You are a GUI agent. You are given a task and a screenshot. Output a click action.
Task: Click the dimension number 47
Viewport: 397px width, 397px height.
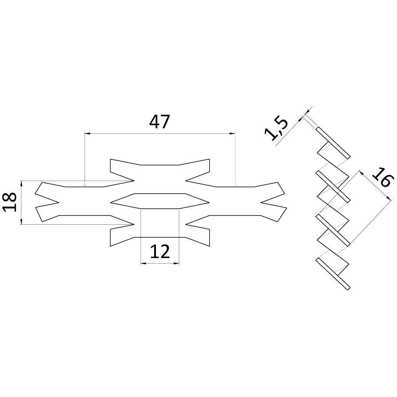(x=159, y=121)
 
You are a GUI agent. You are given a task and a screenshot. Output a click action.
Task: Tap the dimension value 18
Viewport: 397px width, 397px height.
(x=10, y=202)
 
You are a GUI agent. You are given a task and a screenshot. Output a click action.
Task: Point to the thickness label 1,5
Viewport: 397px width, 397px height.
(x=276, y=129)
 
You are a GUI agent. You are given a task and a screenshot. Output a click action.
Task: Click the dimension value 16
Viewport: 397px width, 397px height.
(x=383, y=177)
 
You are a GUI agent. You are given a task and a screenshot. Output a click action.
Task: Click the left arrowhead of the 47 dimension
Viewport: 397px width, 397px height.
(x=87, y=133)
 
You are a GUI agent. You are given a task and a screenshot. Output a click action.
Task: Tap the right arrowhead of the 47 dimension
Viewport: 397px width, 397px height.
(x=232, y=133)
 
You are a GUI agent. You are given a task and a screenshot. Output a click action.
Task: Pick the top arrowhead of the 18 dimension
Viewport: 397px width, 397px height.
(x=21, y=184)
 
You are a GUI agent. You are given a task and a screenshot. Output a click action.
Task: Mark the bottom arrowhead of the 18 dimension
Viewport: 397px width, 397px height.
(x=21, y=221)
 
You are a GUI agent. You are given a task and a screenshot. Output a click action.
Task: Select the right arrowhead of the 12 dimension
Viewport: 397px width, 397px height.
(x=176, y=264)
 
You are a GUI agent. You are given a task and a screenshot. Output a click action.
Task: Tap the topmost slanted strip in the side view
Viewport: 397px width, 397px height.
(x=333, y=143)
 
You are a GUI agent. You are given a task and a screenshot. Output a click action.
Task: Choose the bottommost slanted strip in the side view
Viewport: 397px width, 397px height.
(x=333, y=274)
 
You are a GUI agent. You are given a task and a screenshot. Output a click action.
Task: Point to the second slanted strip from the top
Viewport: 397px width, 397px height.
(x=333, y=187)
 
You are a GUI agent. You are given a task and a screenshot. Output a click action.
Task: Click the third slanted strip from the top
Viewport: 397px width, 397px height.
(x=333, y=230)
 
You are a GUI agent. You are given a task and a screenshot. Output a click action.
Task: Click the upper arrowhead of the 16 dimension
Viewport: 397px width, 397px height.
(x=361, y=173)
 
